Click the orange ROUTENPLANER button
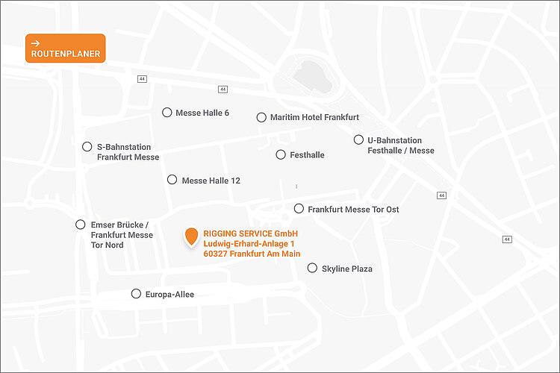65,48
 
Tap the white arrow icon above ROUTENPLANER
36,43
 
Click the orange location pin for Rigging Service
191,236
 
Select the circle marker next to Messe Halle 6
167,113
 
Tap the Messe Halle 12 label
211,181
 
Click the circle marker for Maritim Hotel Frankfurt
261,117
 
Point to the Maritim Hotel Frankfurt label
314,117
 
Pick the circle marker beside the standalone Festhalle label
281,155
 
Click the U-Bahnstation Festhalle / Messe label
400,145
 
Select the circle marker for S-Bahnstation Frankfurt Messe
87,147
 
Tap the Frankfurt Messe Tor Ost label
353,210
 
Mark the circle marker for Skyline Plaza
312,268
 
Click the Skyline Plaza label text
346,269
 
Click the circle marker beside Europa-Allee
136,294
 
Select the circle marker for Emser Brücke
81,225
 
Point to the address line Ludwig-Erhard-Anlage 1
249,244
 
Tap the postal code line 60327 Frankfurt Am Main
251,254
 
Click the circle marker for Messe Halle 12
172,180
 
